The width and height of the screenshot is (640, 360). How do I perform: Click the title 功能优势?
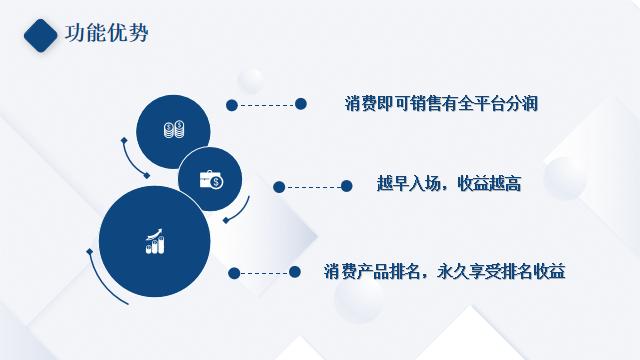click(106, 34)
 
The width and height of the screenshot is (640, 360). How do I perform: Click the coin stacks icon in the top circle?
click(174, 129)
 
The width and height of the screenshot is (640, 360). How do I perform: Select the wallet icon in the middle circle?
click(211, 180)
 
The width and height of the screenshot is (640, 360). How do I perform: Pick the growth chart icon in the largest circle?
click(155, 241)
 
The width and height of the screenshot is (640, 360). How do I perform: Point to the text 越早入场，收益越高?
click(449, 185)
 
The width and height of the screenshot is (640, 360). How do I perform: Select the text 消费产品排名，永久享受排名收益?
click(445, 271)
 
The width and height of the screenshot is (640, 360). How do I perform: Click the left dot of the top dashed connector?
click(232, 104)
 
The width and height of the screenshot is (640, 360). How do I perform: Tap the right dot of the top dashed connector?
click(299, 103)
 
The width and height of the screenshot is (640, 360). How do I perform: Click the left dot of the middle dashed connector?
click(279, 186)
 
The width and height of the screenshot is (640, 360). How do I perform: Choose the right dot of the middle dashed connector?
click(346, 185)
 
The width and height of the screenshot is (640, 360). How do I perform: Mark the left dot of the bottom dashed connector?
click(233, 272)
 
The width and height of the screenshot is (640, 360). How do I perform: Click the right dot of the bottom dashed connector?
click(295, 271)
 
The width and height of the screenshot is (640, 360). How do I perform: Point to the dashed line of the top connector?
click(266, 104)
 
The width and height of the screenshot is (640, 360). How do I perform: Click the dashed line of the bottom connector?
click(264, 272)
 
